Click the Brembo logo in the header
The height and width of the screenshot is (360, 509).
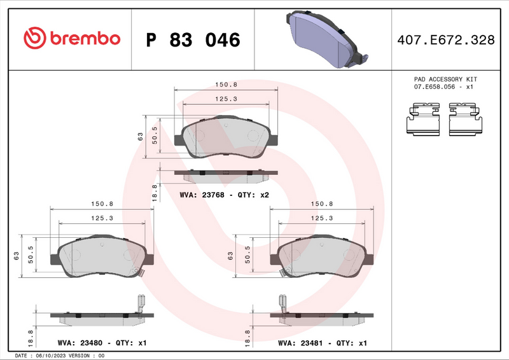click(71, 39)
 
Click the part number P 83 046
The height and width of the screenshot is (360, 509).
click(193, 40)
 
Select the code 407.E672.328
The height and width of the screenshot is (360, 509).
click(445, 40)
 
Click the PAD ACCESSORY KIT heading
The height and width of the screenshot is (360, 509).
click(445, 80)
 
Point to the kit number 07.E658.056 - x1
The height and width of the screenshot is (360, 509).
click(445, 87)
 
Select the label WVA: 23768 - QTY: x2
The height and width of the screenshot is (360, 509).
click(225, 195)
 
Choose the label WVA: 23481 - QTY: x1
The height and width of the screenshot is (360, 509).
click(322, 343)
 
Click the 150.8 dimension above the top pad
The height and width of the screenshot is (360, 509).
click(226, 85)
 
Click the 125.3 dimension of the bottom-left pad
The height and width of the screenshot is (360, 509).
click(102, 218)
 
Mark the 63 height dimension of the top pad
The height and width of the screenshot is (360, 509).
click(140, 135)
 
